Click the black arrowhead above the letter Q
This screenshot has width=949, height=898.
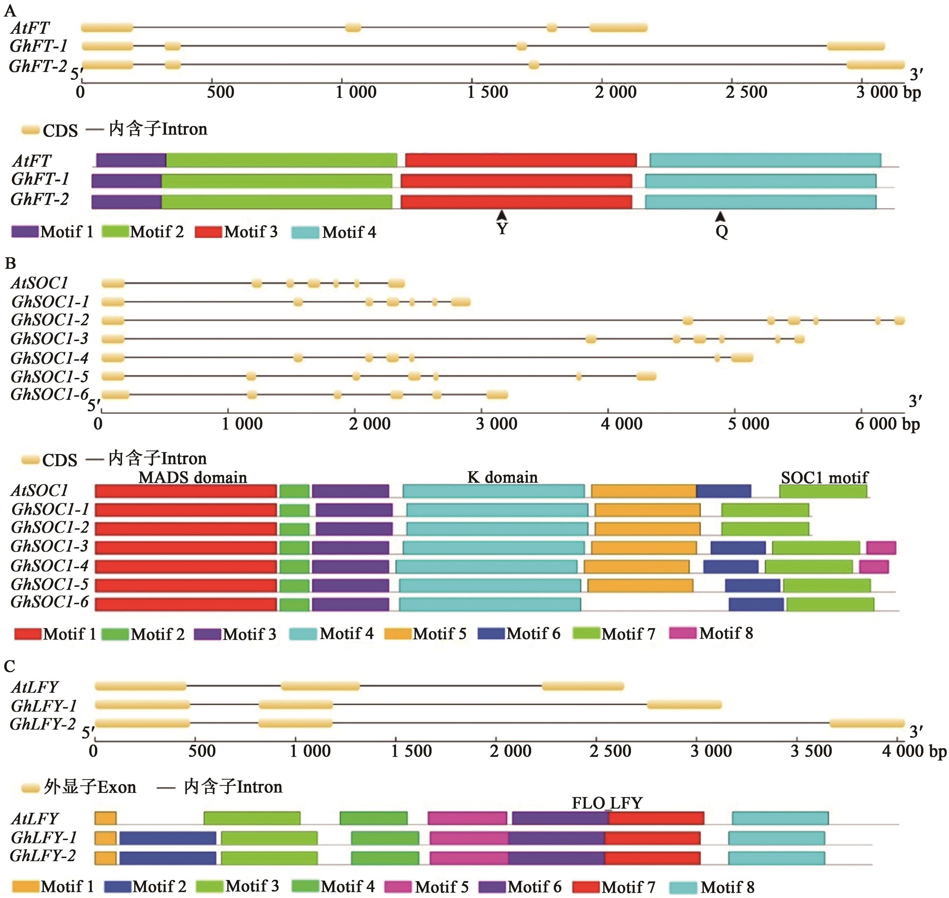point(720,217)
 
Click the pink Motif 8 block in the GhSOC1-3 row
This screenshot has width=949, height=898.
point(881,547)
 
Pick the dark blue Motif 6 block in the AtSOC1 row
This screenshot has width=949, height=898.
point(723,491)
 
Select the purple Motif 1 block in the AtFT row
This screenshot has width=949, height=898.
point(131,160)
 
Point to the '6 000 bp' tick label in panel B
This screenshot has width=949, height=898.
point(887,424)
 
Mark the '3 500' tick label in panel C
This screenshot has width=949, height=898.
point(811,751)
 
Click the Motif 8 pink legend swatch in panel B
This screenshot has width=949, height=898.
point(683,633)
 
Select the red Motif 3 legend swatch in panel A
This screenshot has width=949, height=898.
point(208,232)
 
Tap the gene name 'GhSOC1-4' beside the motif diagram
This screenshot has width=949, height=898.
point(50,566)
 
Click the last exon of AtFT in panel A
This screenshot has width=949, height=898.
point(618,28)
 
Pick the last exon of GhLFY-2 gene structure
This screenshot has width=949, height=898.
point(867,723)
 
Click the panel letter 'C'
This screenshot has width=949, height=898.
point(10,666)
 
